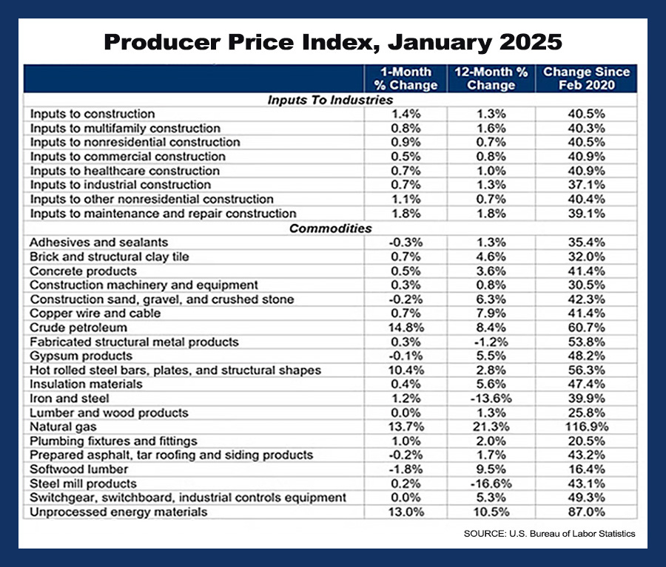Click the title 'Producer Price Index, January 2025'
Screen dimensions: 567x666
tap(333, 41)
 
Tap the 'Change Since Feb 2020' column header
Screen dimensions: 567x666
tap(586, 78)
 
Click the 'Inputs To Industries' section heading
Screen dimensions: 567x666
tap(330, 100)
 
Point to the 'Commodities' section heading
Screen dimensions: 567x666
tap(330, 228)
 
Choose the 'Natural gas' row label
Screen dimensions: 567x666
tap(63, 427)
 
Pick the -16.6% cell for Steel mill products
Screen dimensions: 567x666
tap(491, 483)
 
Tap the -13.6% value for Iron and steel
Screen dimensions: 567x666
tap(491, 398)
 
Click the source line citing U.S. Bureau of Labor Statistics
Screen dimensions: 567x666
tap(549, 534)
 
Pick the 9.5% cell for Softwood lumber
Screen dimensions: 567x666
tap(491, 469)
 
